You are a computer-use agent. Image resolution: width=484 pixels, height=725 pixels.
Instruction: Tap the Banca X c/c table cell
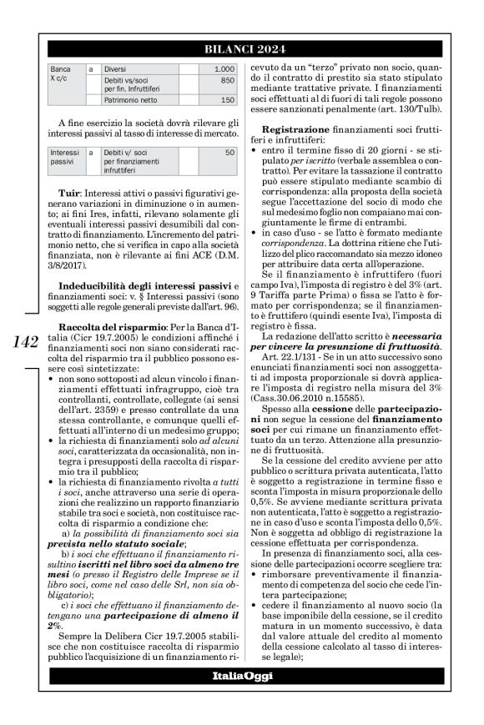62,73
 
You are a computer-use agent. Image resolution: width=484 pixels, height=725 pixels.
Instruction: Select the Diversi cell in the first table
118,68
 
